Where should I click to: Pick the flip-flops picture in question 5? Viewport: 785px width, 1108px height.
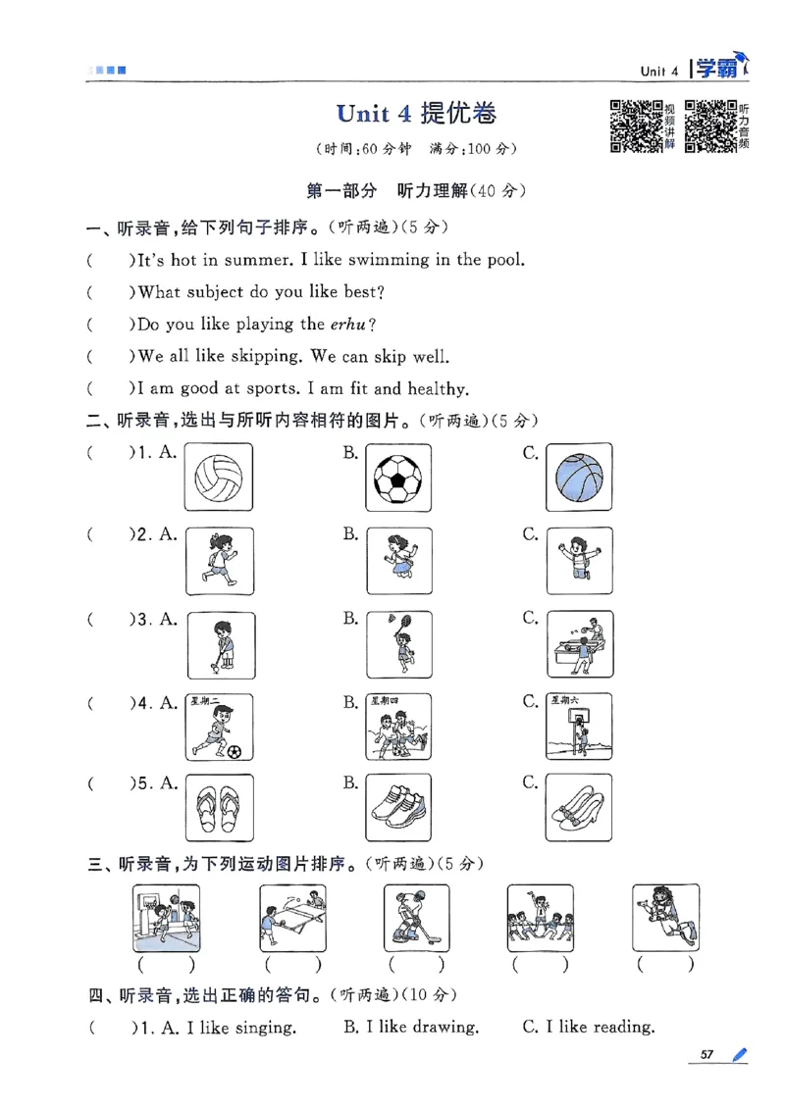(x=218, y=806)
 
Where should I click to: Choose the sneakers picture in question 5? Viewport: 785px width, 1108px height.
(x=397, y=806)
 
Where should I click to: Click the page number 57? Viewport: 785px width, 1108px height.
(x=706, y=1055)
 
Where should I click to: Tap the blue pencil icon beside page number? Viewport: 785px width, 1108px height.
(x=738, y=1055)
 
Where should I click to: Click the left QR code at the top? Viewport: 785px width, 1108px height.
(x=635, y=126)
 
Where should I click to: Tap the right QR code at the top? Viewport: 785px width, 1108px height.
(x=709, y=126)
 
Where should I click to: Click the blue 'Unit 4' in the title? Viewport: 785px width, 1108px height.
(x=374, y=114)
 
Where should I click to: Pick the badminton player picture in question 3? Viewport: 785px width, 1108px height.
(x=397, y=643)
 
